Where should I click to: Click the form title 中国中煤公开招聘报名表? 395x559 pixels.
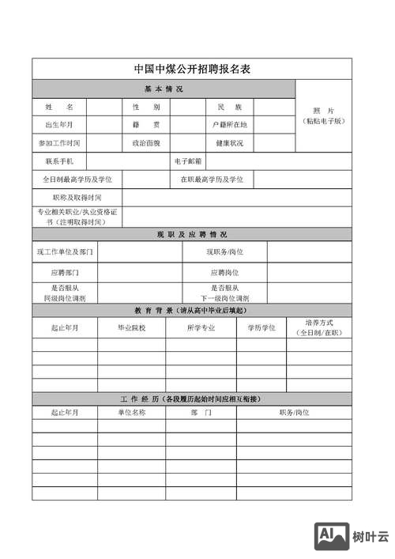coord(192,69)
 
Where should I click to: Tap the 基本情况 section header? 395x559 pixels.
coord(164,88)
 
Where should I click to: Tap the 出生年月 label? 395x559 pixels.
coord(59,125)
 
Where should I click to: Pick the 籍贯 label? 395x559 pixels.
coord(146,125)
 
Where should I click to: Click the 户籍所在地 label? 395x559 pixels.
coord(229,125)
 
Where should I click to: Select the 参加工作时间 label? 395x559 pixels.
coord(59,143)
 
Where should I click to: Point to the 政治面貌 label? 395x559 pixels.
coord(146,143)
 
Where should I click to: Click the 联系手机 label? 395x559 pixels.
coord(59,161)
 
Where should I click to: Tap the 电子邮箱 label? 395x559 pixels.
coord(189,161)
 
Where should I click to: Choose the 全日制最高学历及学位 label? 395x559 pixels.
coord(77,179)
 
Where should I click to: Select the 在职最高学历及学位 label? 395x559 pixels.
coord(212,179)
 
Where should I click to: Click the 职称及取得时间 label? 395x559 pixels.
coord(77,197)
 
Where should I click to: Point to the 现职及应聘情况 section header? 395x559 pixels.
coord(191,235)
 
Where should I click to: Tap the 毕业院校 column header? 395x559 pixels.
coord(131,327)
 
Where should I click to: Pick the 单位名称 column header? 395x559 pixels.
coord(131,413)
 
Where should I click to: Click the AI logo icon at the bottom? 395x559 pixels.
coord(332,537)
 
